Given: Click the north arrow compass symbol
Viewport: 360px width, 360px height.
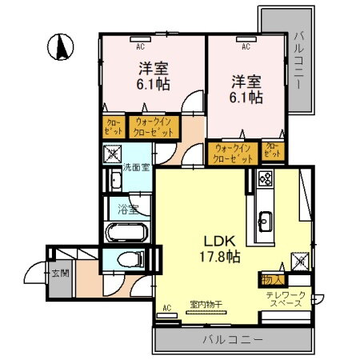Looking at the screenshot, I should [x=60, y=48].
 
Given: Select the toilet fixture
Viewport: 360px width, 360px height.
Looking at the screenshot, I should [x=129, y=259].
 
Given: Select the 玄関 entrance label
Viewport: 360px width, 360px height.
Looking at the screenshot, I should [x=60, y=272].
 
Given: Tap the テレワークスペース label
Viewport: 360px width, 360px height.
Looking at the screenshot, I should [x=286, y=301].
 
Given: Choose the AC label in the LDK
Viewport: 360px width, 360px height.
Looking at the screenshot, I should [x=167, y=306].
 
